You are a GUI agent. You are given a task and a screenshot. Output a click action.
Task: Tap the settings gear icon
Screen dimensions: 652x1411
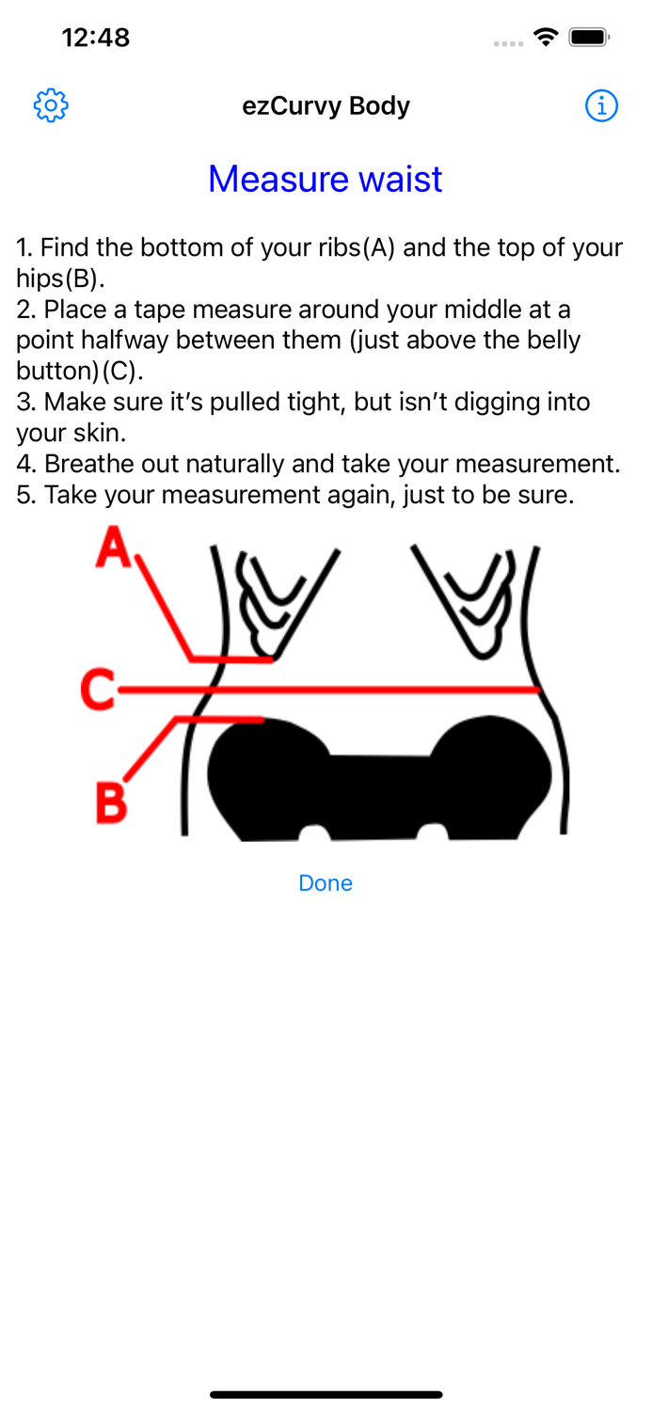coord(51,105)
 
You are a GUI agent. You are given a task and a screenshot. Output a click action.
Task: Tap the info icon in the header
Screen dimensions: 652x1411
coord(601,105)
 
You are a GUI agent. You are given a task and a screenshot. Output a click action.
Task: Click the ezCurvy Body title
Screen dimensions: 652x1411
coord(326,105)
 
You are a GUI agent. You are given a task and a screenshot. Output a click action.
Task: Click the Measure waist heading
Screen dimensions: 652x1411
coord(325,179)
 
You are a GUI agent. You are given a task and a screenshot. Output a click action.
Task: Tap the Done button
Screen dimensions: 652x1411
coord(325,883)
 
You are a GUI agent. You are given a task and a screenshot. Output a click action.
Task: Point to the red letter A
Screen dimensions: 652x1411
coord(114,547)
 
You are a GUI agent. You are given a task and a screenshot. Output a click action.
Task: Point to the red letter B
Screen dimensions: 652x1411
coord(112,801)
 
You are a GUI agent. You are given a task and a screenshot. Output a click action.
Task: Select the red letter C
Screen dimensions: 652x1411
coord(98,690)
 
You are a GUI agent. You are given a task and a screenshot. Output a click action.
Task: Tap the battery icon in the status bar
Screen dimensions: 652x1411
coord(589,38)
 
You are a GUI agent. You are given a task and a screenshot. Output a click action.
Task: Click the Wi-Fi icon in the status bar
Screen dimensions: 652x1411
coord(546,38)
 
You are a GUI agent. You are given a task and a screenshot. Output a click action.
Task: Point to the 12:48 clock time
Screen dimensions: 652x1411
coord(96,38)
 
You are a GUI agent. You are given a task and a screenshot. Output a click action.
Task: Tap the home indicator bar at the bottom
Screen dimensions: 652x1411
coord(326,1395)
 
